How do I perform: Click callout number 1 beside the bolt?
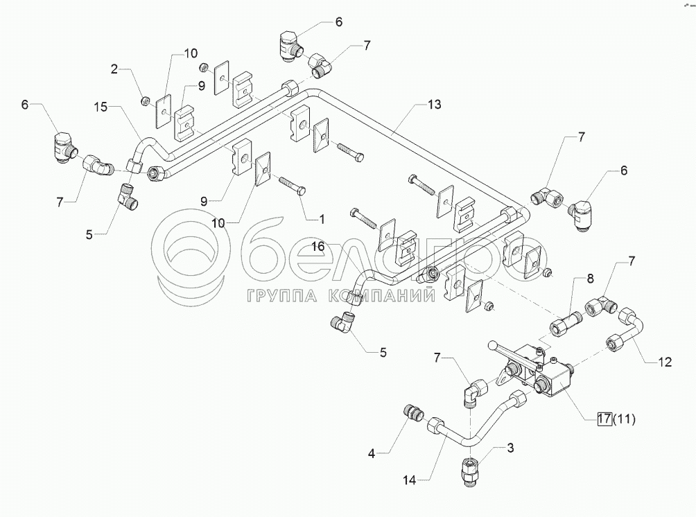(321, 218)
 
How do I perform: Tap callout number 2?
(114, 69)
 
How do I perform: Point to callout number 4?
(371, 454)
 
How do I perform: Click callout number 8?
(590, 280)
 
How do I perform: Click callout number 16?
(317, 245)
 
